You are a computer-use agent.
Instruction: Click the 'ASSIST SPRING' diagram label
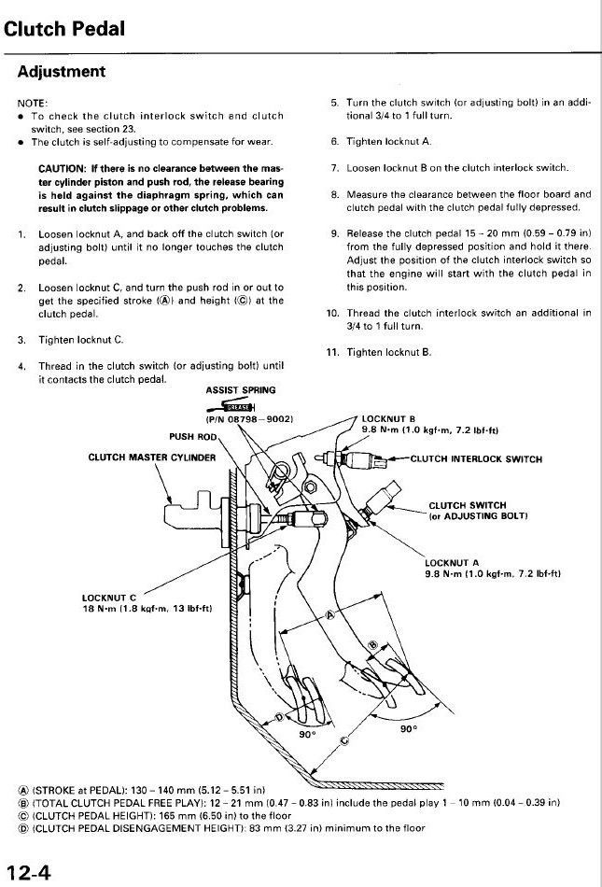click(x=240, y=389)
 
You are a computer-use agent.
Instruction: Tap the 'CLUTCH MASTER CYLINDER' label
click(x=151, y=458)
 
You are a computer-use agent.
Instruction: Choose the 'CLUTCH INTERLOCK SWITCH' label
click(x=476, y=458)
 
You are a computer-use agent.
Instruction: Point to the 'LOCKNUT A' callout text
click(x=453, y=562)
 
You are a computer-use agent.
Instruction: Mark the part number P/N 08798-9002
click(x=250, y=420)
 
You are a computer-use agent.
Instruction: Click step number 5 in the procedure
click(x=333, y=102)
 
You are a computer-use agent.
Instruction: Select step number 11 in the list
click(x=331, y=352)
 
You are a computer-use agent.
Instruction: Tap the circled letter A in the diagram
click(x=329, y=614)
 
